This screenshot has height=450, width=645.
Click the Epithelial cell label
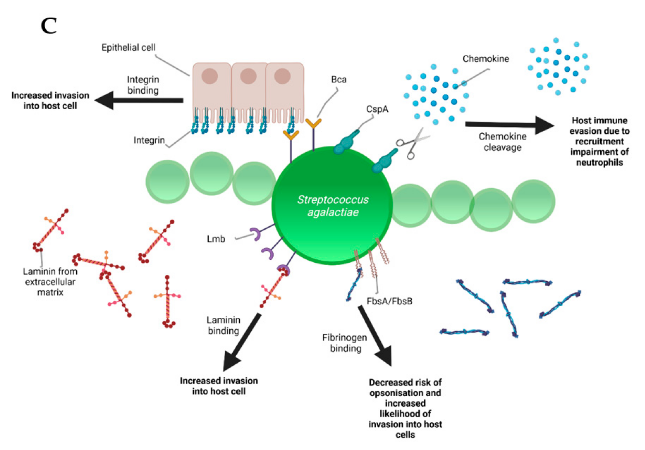click(128, 47)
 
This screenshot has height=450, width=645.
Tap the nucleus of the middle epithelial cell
click(248, 76)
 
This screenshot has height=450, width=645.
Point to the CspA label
click(377, 109)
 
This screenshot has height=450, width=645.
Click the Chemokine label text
click(486, 59)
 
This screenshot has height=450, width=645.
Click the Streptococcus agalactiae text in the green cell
click(333, 206)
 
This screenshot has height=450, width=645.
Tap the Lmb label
click(216, 239)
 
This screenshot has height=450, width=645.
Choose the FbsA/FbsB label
click(389, 301)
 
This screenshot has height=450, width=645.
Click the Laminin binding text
click(223, 325)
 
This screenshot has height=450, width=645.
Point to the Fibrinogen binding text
click(345, 343)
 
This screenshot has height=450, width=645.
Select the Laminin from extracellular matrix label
click(50, 282)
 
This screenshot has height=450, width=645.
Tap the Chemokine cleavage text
click(502, 142)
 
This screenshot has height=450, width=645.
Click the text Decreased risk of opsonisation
click(405, 388)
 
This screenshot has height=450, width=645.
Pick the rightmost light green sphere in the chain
click(533, 201)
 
